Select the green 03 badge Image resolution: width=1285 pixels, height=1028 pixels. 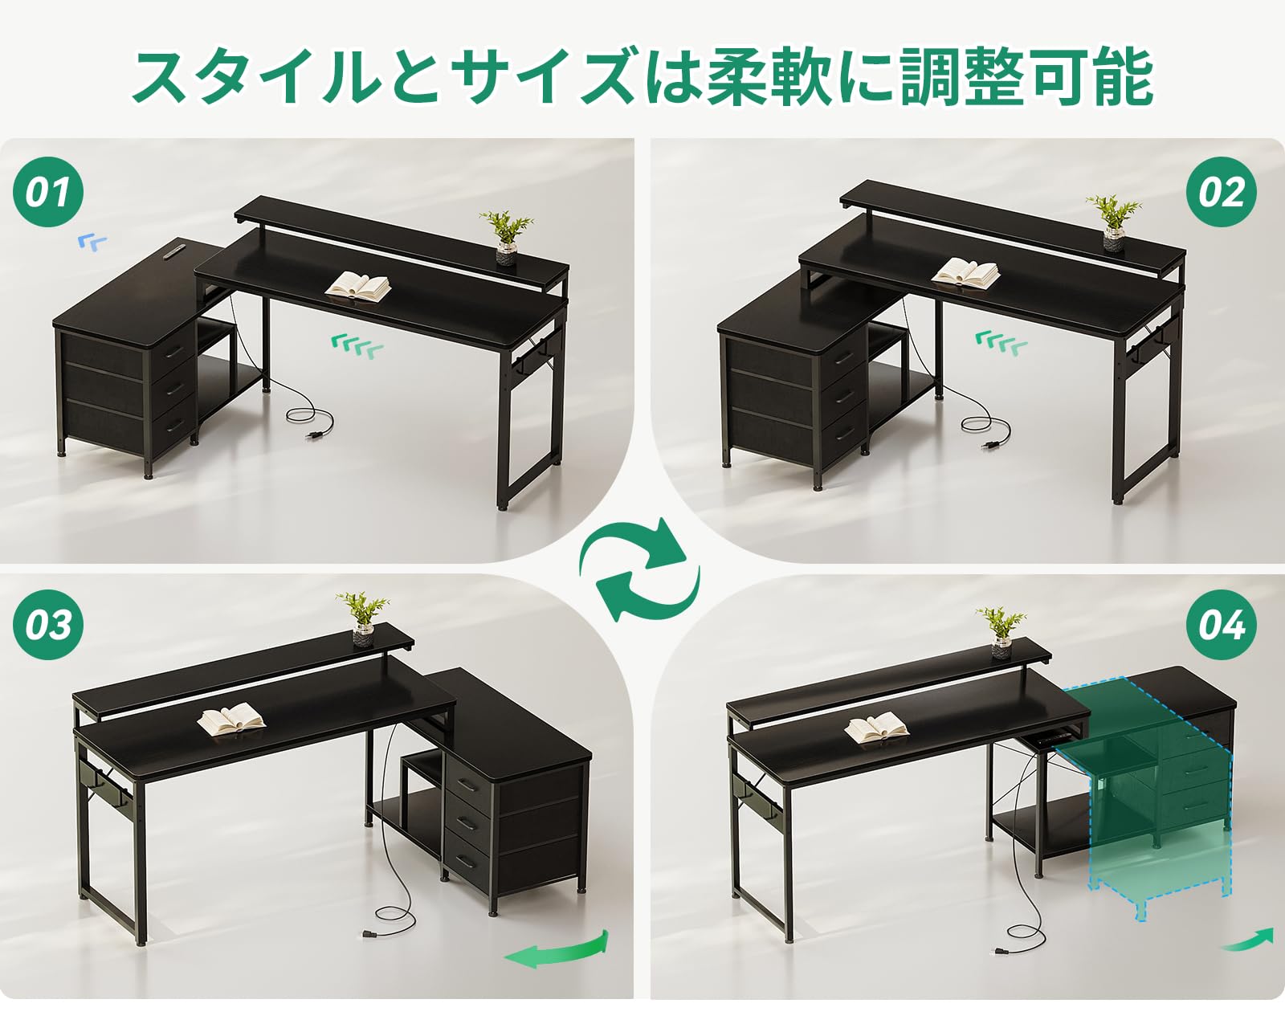tap(48, 624)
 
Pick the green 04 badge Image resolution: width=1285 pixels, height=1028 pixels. tap(1221, 624)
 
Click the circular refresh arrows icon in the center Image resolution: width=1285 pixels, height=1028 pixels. tap(640, 570)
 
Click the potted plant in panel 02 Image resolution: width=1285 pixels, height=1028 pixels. tap(1113, 221)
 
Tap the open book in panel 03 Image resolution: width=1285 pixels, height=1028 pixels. tap(231, 719)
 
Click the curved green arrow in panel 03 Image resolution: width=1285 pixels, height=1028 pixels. tap(557, 952)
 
